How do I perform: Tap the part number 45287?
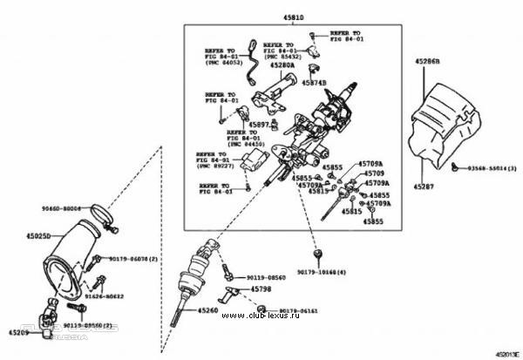click(x=423, y=187)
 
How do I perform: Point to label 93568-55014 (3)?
click(x=488, y=166)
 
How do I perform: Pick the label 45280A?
click(x=282, y=65)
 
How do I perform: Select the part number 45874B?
click(x=314, y=83)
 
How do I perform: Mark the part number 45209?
click(x=19, y=332)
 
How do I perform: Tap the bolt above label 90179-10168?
click(x=319, y=255)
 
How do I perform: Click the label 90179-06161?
click(x=301, y=309)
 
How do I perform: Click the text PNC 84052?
click(x=222, y=63)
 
